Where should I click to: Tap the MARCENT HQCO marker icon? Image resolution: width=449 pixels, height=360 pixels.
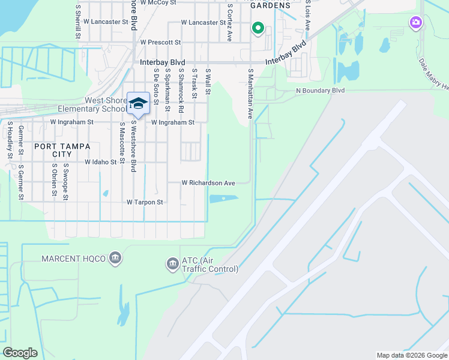click(115, 259)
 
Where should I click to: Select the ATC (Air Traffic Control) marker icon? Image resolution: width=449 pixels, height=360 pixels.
click(172, 263)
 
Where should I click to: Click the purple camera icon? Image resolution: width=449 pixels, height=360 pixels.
click(415, 23)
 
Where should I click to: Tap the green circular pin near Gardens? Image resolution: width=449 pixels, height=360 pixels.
click(258, 27)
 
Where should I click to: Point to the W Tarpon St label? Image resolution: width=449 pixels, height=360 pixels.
click(145, 203)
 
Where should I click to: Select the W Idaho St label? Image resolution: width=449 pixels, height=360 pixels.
click(101, 162)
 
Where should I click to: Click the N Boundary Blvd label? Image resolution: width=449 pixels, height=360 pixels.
click(321, 91)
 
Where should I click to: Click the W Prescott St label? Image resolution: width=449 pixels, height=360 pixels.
click(160, 43)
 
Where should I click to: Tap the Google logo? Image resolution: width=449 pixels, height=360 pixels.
click(20, 353)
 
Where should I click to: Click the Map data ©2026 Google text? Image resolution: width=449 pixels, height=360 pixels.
click(411, 355)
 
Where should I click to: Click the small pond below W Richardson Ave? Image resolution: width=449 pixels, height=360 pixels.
click(223, 199)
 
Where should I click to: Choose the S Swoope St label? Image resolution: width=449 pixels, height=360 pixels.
click(66, 181)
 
